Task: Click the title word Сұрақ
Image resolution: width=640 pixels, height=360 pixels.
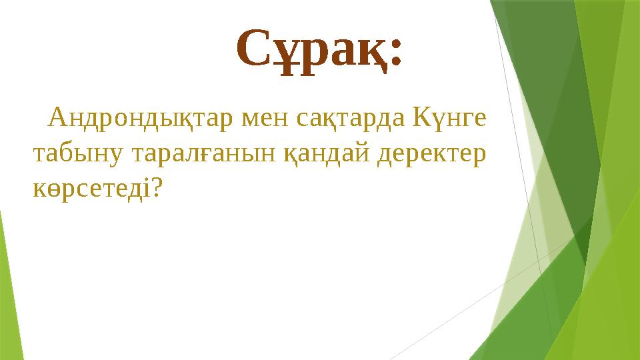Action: [311, 49]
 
